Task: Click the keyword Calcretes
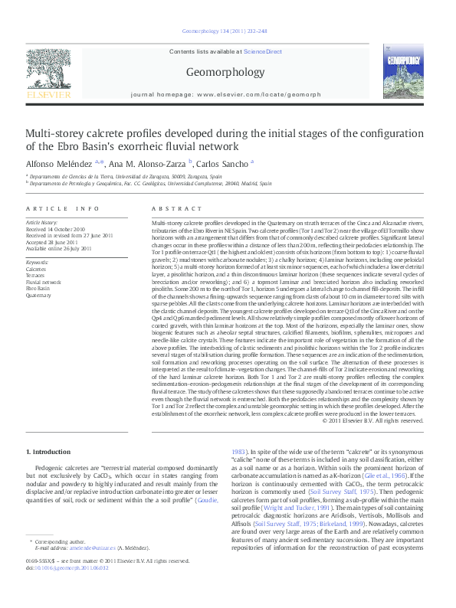click(36, 270)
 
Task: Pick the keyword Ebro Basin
click(38, 288)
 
